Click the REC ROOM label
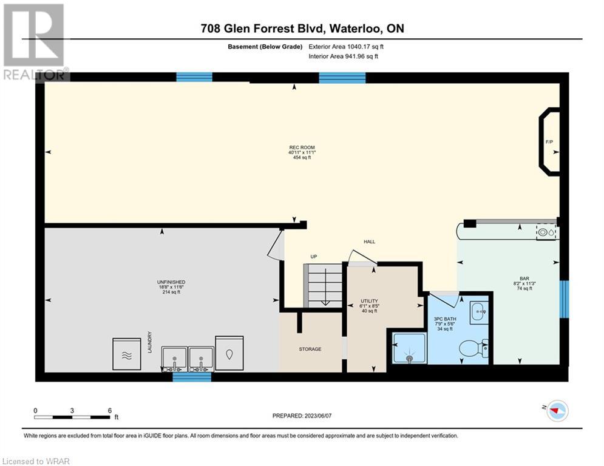click(x=302, y=147)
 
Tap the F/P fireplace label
click(x=549, y=142)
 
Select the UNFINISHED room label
click(x=171, y=282)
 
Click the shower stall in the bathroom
click(x=409, y=348)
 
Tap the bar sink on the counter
click(x=548, y=232)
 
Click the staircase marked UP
click(x=323, y=285)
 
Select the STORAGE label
click(x=310, y=349)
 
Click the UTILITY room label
click(x=369, y=301)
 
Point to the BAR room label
click(x=524, y=279)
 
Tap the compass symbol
click(x=557, y=411)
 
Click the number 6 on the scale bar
click(x=110, y=411)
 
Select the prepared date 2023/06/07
click(x=318, y=416)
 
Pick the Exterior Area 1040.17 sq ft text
click(x=346, y=47)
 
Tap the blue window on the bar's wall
click(x=563, y=299)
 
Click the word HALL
click(x=370, y=242)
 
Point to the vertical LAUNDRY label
click(x=149, y=342)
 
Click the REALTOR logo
click(x=34, y=42)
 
